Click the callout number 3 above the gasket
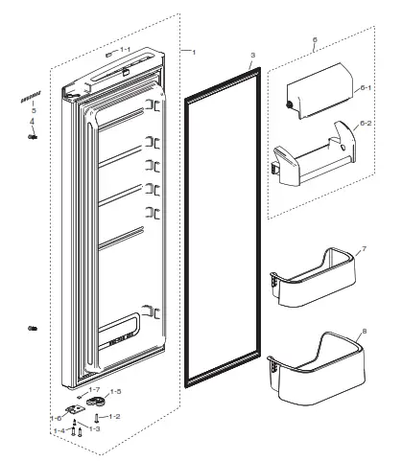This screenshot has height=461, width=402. click(x=251, y=57)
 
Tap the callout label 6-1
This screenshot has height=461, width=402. click(x=366, y=88)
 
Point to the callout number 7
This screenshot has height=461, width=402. click(x=364, y=251)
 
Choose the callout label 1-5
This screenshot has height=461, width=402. click(x=115, y=392)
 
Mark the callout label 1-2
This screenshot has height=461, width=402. click(x=114, y=416)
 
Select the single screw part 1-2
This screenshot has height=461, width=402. click(x=97, y=419)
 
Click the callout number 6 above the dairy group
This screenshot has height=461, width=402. click(x=314, y=41)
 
